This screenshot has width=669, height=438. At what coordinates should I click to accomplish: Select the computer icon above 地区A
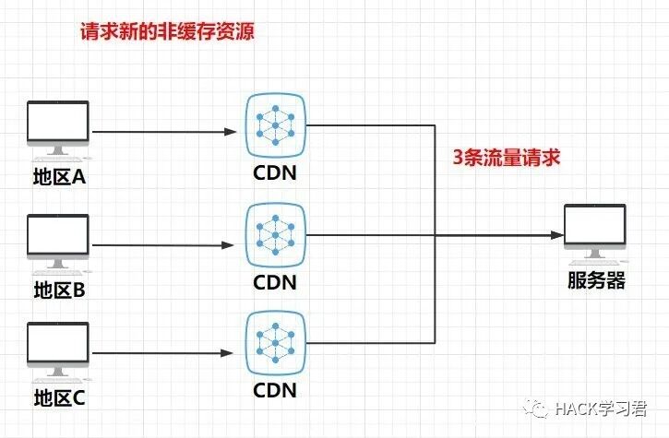tap(58, 130)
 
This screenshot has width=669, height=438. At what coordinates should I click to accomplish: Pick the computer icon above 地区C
tap(58, 350)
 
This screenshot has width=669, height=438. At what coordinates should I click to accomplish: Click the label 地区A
tap(59, 177)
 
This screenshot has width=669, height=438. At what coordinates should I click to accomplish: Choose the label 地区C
tap(59, 398)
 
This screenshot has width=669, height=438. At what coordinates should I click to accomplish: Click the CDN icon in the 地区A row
tap(275, 124)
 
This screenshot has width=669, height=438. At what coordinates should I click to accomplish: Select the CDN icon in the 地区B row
tap(275, 236)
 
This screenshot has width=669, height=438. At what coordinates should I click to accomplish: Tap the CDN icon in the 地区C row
tap(275, 344)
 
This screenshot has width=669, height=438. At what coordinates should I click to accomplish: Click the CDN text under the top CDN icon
tap(275, 172)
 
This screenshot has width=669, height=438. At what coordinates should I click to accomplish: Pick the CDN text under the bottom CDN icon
tap(275, 390)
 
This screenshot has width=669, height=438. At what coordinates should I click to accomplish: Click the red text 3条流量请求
tap(507, 158)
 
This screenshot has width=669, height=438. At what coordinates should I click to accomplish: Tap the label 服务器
tap(596, 281)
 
